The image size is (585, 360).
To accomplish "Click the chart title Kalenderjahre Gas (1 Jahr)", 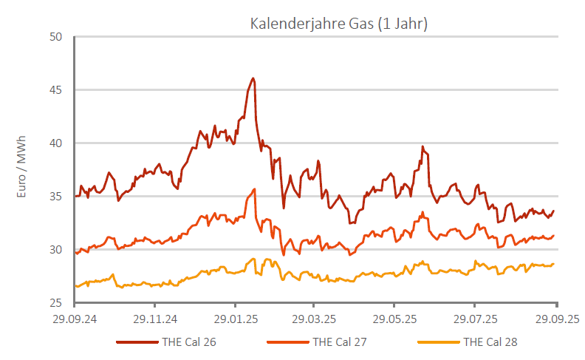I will [x=339, y=24].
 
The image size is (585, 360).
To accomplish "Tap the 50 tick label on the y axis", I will [x=56, y=37].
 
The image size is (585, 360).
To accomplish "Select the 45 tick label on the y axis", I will [x=56, y=90].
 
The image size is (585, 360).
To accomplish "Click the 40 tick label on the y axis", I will [x=56, y=143].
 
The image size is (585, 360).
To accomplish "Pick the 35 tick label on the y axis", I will [x=56, y=197].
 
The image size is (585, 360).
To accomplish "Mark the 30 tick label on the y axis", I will [x=56, y=250].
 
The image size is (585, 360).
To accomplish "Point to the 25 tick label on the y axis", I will [x=56, y=303].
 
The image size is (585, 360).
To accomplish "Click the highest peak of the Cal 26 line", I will [x=253, y=78].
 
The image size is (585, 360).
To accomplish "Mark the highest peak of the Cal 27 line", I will [x=254, y=189].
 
